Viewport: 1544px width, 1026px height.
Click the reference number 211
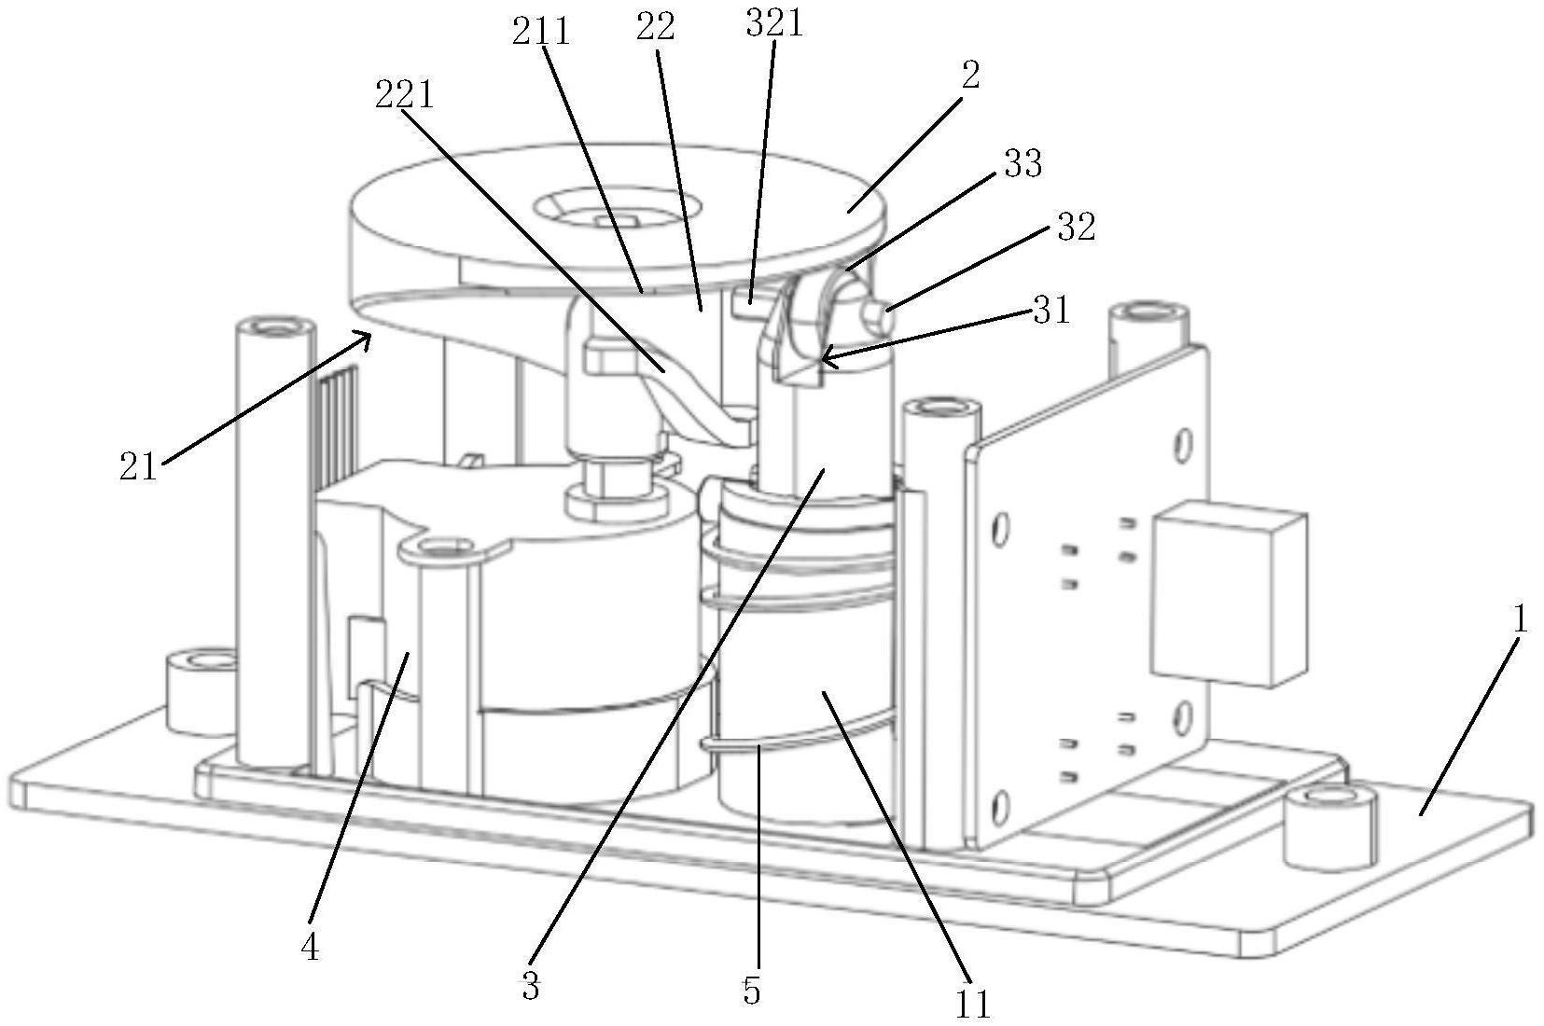[x=541, y=32]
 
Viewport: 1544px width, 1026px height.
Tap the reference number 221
[x=405, y=95]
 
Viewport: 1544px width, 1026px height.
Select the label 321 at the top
[x=774, y=23]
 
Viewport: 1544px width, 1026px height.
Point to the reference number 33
[x=1022, y=164]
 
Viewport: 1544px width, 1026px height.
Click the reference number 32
[x=1076, y=226]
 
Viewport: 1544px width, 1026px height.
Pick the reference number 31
[x=1051, y=310]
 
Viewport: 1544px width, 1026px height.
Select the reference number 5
[x=751, y=991]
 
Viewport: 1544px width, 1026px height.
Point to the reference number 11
[x=973, y=1004]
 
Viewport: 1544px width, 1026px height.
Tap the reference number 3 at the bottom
[x=530, y=988]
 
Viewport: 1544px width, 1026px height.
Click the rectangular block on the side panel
[x=1229, y=593]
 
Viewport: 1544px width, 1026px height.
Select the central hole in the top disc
[x=615, y=207]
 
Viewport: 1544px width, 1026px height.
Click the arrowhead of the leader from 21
[x=366, y=337]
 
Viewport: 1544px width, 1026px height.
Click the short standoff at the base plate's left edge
[x=201, y=692]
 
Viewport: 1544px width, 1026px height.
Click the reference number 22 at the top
[x=655, y=28]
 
